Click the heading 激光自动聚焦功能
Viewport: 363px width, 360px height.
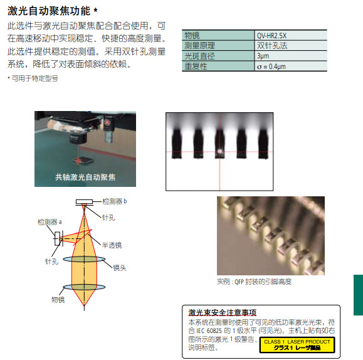49,11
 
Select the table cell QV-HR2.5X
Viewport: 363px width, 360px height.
291,36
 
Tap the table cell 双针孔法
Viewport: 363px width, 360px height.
291,46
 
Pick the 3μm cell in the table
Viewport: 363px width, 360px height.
291,56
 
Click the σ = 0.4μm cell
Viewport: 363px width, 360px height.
291,66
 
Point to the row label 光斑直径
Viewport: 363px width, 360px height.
199,56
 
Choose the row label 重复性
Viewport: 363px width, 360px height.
196,66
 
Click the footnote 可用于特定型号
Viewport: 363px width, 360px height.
35,78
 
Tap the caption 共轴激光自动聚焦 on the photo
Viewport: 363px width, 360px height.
85,177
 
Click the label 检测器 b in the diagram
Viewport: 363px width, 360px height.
115,201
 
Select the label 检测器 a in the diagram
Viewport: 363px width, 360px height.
50,222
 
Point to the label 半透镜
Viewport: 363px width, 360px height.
112,245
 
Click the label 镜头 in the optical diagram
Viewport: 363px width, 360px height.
120,268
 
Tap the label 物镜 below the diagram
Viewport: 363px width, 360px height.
58,300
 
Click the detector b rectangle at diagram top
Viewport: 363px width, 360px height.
84,202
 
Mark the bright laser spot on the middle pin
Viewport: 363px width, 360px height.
219,152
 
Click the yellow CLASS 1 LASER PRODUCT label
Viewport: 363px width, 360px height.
297,345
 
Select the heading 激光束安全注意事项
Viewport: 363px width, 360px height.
222,312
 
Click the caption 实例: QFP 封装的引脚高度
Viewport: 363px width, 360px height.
254,282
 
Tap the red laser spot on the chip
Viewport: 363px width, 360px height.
78,160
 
